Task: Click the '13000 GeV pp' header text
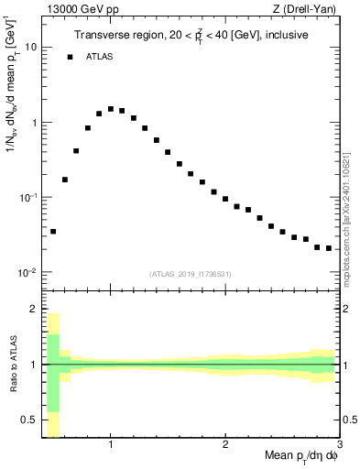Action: [x=79, y=9]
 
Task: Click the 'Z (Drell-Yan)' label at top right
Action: [x=309, y=9]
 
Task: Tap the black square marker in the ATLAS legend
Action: [x=70, y=57]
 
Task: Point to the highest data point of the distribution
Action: [x=111, y=109]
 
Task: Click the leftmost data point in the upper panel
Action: [x=53, y=232]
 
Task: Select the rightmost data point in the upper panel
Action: [x=329, y=248]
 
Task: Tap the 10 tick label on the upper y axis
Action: [x=31, y=46]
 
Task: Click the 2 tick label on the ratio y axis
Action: [x=34, y=309]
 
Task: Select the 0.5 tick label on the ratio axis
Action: [x=30, y=420]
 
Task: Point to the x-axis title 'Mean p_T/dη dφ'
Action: [x=302, y=457]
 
